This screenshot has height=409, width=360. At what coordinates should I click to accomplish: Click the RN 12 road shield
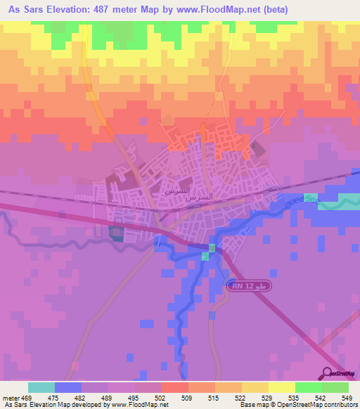coord(247,286)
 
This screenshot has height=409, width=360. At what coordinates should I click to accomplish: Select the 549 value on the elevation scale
coord(345,397)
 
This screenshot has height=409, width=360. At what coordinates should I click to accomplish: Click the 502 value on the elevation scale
coord(160,397)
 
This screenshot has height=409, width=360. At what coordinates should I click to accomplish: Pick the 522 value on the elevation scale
coord(240,397)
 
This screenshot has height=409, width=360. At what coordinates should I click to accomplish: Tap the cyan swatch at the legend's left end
coord(41,387)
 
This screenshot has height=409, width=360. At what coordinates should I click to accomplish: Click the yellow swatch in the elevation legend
coord(281,387)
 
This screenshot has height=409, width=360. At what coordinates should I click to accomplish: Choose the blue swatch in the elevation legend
coord(68,387)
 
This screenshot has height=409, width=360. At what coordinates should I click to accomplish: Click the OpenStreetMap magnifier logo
coord(328,374)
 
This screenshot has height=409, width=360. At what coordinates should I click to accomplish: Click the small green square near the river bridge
coord(205,257)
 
